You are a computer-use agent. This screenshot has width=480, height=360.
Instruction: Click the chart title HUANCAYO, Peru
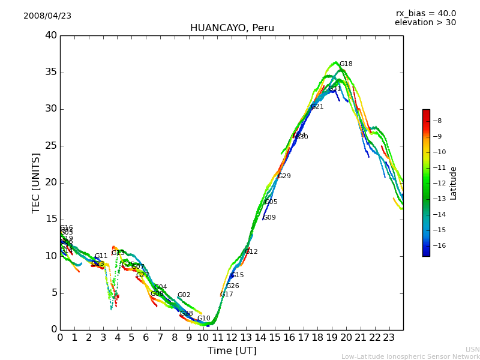[x=232, y=28]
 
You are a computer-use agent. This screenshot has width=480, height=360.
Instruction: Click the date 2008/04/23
[x=47, y=16]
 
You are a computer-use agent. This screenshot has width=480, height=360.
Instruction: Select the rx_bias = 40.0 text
[x=425, y=14]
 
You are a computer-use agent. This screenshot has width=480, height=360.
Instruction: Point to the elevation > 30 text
[x=425, y=23]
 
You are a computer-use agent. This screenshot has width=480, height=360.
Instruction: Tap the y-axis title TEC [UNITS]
[x=37, y=182]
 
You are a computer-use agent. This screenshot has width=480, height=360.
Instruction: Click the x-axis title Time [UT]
[x=232, y=351]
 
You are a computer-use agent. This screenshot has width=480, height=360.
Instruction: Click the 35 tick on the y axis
[x=51, y=73]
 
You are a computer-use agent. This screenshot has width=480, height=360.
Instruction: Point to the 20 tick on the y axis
[x=51, y=182]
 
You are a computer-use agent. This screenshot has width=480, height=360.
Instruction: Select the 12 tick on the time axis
[x=232, y=337]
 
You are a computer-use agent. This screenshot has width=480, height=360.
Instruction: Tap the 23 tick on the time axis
[x=389, y=337]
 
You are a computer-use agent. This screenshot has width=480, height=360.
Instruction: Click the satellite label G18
[x=346, y=64]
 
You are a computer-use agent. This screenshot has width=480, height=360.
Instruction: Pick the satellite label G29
[x=284, y=176]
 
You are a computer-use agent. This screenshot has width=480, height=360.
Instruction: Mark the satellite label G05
[x=271, y=202]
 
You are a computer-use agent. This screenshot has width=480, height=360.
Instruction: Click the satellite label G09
[x=269, y=218]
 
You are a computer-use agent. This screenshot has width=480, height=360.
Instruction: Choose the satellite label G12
[x=251, y=252]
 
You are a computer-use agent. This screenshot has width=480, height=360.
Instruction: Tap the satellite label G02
[x=184, y=295]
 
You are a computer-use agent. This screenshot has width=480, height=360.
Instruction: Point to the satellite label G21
[x=317, y=107]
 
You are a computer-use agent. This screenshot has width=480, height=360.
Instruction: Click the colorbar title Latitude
[x=454, y=182]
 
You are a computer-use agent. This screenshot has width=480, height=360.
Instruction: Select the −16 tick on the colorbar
[x=437, y=245]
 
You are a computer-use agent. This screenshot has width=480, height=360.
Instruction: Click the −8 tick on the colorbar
[x=437, y=121]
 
